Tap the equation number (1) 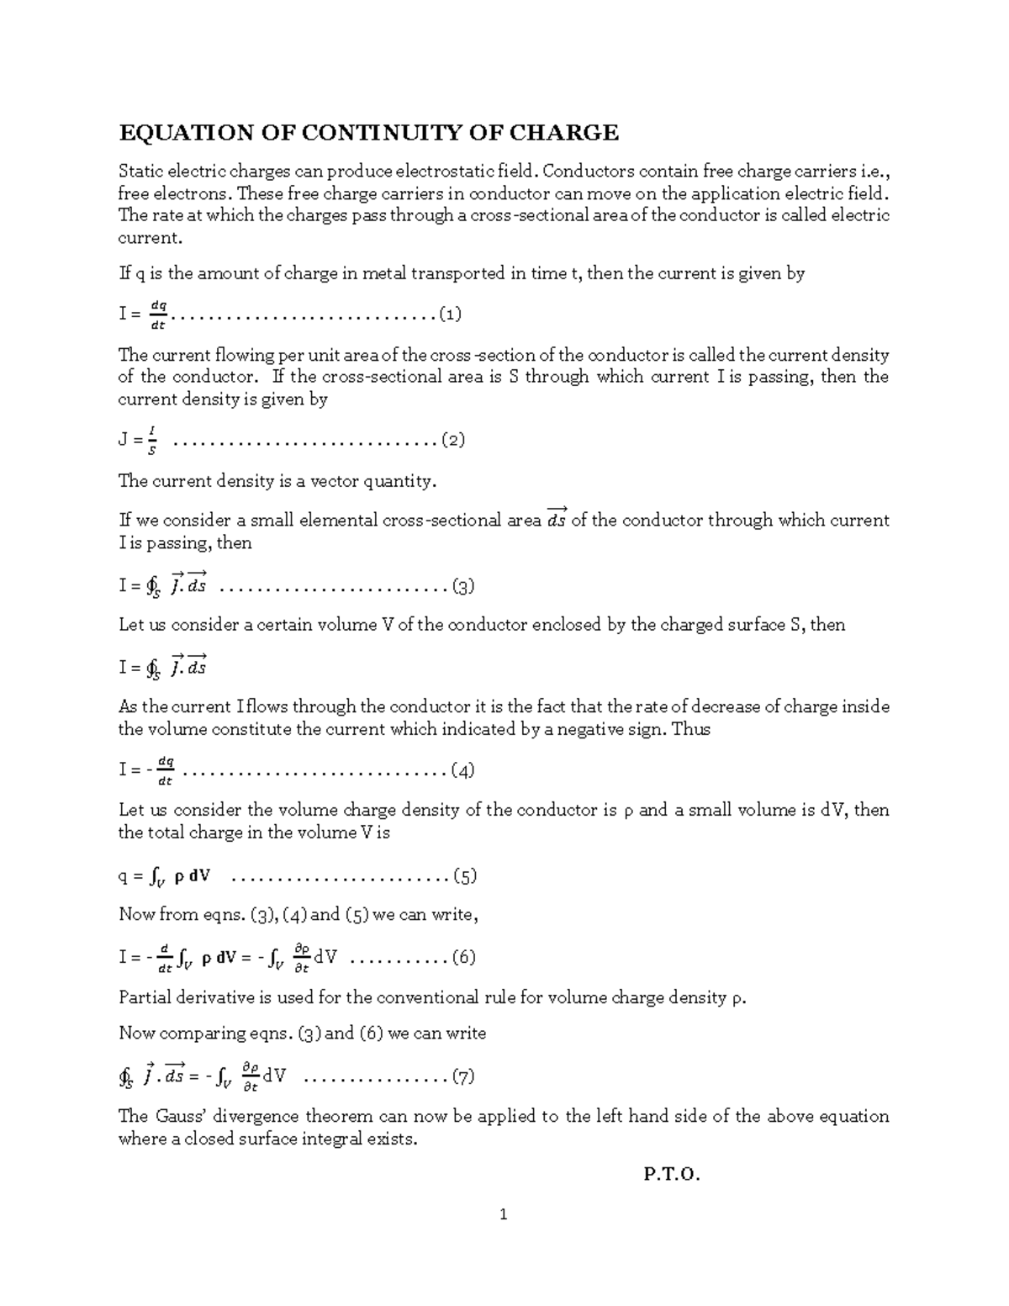(449, 315)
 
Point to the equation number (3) (463, 586)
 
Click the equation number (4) (463, 770)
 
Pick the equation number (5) (465, 876)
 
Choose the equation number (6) (464, 957)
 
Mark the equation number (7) (463, 1076)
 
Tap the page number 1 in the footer (504, 1214)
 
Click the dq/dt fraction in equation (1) (157, 315)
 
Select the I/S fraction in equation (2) (151, 440)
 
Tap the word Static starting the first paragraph (140, 172)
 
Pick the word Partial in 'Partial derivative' (145, 998)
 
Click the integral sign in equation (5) (155, 877)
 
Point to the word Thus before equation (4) (692, 729)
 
